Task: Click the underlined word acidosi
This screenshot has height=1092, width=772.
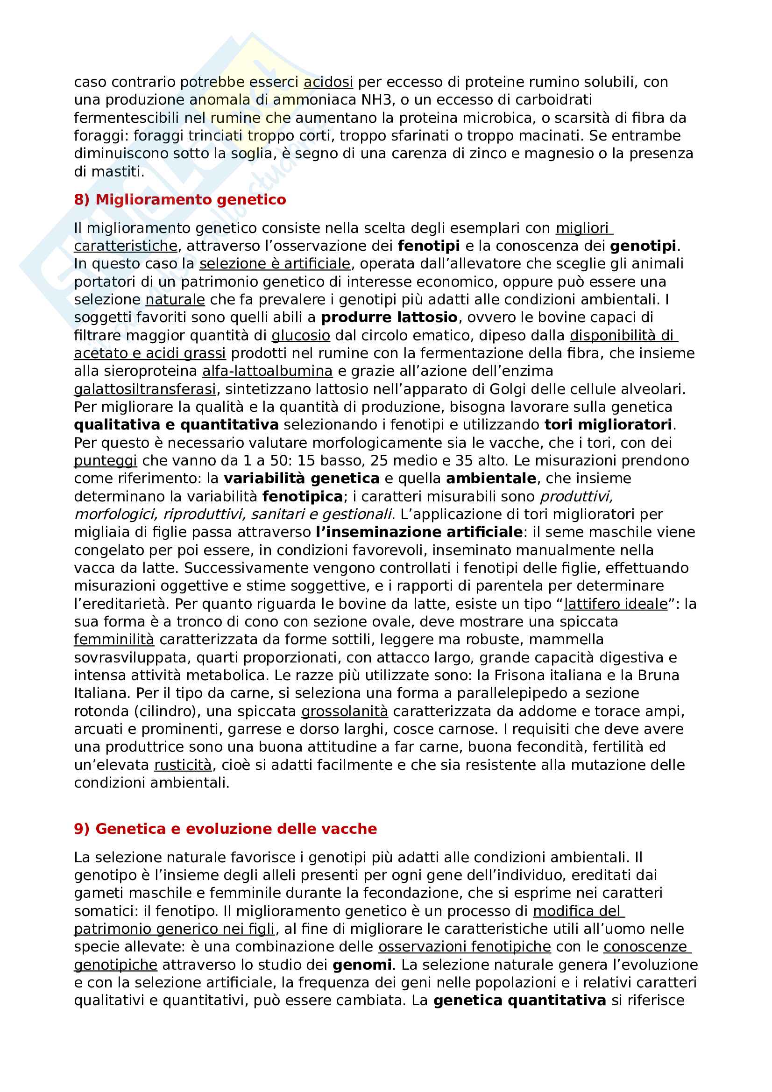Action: click(x=328, y=82)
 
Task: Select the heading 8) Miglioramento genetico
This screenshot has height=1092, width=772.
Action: click(x=180, y=199)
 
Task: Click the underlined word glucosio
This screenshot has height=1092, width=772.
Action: click(x=301, y=335)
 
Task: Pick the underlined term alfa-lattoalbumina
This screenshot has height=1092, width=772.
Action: click(x=267, y=371)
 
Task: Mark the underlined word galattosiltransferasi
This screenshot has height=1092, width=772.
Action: click(x=145, y=389)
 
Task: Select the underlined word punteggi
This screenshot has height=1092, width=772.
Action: click(x=106, y=460)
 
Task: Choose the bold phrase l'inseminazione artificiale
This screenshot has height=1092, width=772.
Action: click(x=419, y=532)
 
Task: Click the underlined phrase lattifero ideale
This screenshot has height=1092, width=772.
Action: click(x=616, y=604)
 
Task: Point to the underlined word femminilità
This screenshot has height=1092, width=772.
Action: click(x=114, y=639)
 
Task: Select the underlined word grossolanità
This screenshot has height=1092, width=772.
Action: click(x=345, y=711)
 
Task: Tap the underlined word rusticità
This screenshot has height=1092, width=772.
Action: click(x=183, y=765)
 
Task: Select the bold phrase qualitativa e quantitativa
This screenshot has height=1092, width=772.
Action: click(x=176, y=425)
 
